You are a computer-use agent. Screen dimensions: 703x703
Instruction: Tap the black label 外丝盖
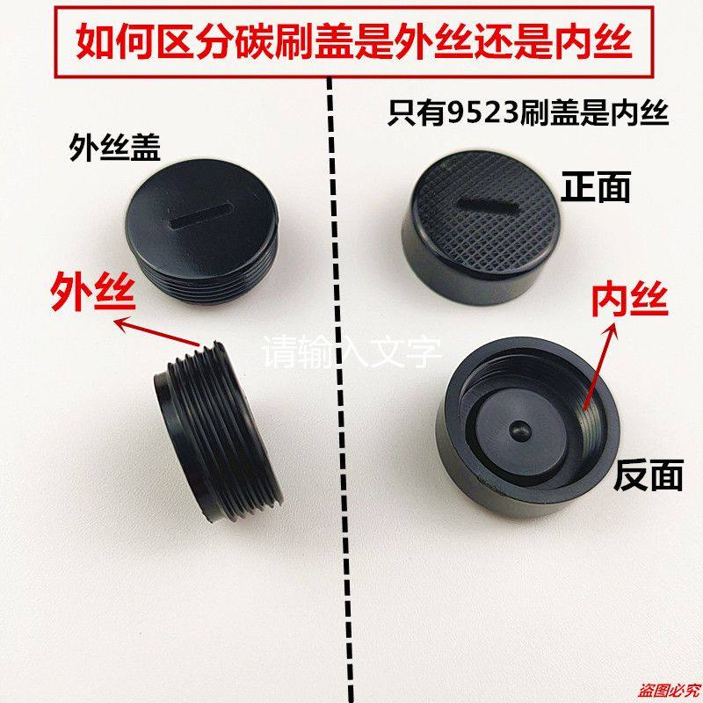click(x=115, y=150)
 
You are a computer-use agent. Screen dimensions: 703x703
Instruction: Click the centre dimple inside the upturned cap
click(x=518, y=431)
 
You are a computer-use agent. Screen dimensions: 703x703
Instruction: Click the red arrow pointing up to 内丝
click(x=598, y=370)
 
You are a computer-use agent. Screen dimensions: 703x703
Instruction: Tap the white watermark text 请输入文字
click(x=352, y=354)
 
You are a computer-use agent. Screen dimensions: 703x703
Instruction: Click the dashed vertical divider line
click(x=331, y=439)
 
